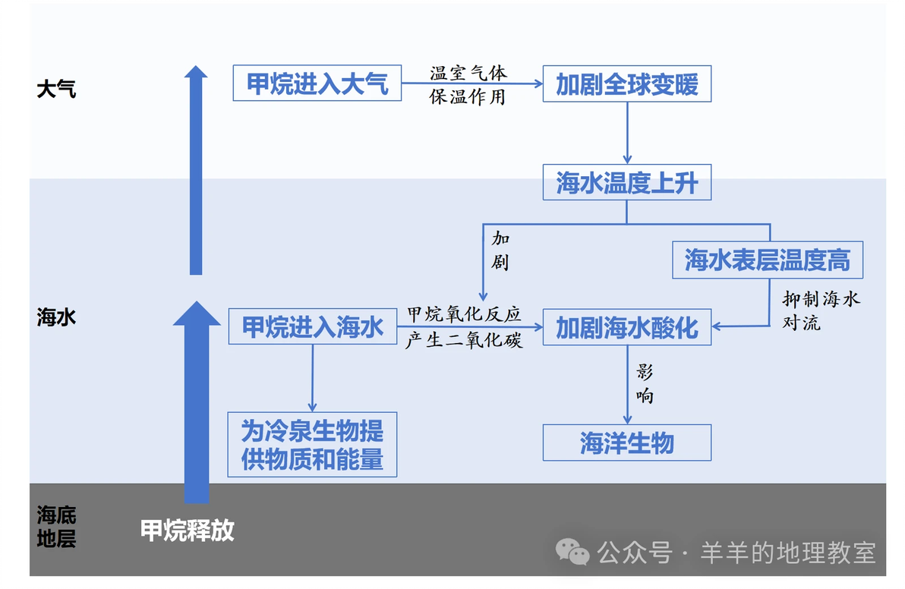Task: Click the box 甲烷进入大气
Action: [317, 83]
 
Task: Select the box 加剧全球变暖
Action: [627, 83]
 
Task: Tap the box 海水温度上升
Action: [627, 182]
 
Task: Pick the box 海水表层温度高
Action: [768, 260]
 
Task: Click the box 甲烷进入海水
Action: [313, 326]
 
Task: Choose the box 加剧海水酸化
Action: [627, 327]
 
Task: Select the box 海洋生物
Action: [627, 443]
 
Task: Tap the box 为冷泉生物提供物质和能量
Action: [312, 444]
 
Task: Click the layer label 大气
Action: [56, 89]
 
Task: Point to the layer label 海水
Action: [56, 317]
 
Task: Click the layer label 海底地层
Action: [56, 526]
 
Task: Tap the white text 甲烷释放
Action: [188, 530]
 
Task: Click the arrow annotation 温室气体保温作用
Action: [468, 85]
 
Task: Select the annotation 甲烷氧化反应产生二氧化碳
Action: [464, 327]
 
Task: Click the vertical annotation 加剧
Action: [500, 250]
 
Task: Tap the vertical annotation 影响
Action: [645, 383]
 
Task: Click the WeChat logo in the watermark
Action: [572, 552]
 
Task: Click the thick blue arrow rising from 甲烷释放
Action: [197, 402]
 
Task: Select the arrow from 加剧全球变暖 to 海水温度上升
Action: [627, 133]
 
